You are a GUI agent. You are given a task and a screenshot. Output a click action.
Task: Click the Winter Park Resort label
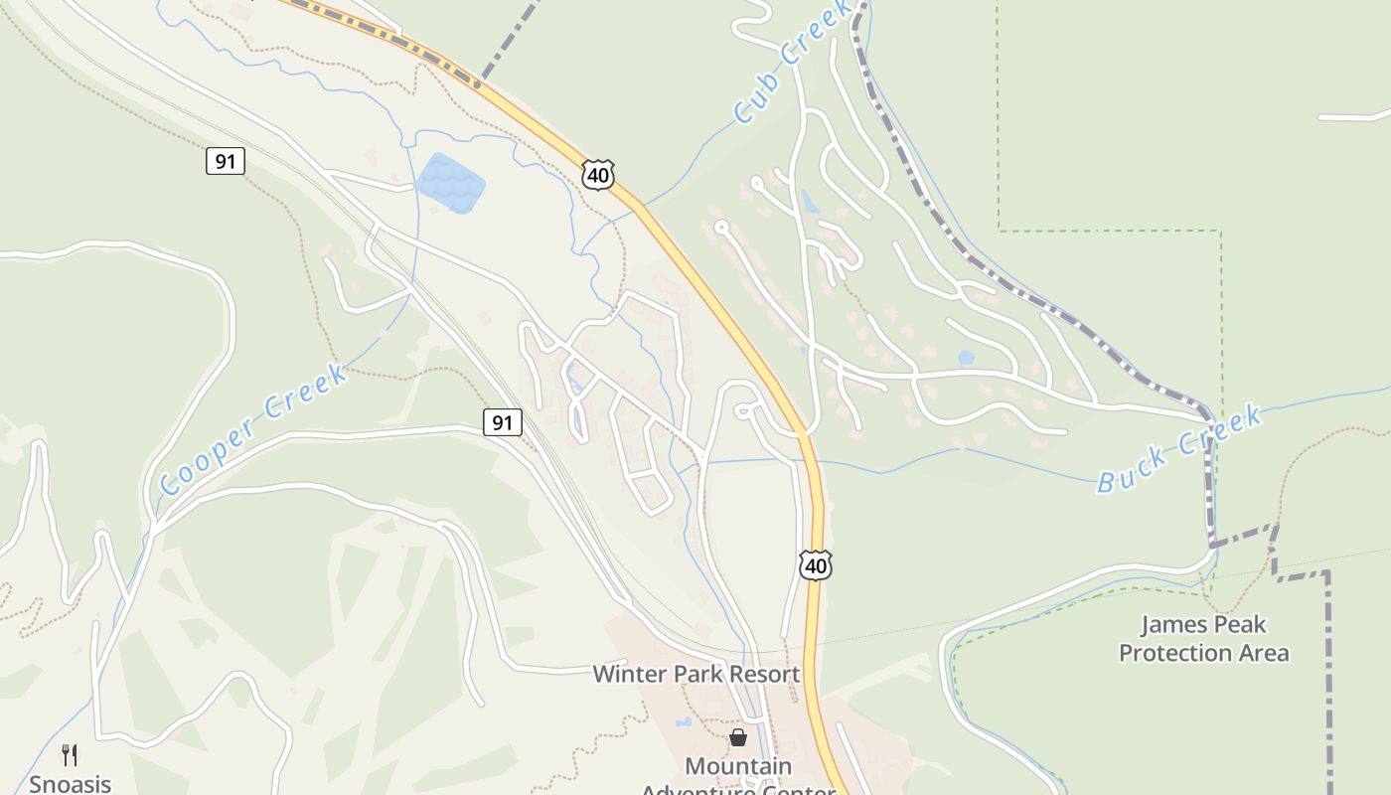[695, 674]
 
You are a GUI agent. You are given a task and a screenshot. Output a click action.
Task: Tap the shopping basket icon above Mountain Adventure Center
[738, 737]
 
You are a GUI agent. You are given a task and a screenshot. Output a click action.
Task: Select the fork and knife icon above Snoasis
[70, 755]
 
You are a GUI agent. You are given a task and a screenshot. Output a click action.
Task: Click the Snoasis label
[70, 783]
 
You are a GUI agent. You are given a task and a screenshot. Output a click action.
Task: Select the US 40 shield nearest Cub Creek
[597, 175]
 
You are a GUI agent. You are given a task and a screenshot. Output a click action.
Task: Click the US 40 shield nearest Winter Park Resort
[815, 565]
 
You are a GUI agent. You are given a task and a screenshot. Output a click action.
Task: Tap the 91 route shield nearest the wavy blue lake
[226, 161]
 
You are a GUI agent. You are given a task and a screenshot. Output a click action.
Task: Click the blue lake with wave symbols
[450, 183]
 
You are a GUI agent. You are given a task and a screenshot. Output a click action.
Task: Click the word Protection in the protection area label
[1177, 653]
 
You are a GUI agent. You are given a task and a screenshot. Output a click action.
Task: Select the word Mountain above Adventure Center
[739, 767]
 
